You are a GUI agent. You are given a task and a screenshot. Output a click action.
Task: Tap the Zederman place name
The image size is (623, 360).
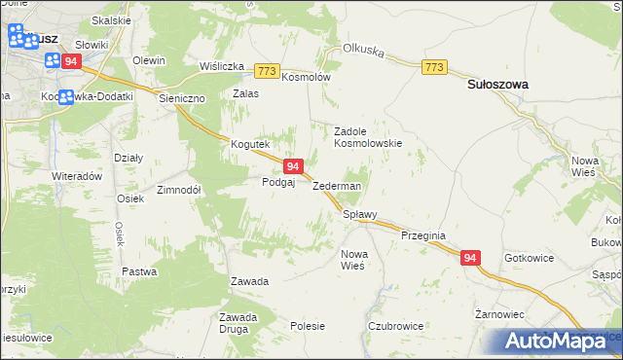pyautogui.click(x=337, y=186)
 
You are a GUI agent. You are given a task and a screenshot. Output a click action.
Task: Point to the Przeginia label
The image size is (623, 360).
pyautogui.click(x=422, y=235)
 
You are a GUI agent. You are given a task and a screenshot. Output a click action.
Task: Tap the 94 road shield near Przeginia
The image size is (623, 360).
pyautogui.click(x=470, y=258)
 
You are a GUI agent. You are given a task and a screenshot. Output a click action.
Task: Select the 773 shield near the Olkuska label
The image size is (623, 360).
pyautogui.click(x=434, y=66)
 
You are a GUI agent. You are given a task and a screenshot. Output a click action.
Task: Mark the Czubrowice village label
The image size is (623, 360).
pyautogui.click(x=393, y=326)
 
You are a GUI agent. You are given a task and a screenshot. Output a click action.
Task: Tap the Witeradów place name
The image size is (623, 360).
pyautogui.click(x=78, y=176)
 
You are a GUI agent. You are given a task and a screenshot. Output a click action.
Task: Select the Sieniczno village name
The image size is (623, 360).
pyautogui.click(x=183, y=98)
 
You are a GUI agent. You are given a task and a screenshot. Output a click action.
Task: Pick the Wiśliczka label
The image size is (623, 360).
pyautogui.click(x=221, y=66)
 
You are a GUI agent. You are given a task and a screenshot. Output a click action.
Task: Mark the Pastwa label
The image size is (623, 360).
pyautogui.click(x=139, y=271)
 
